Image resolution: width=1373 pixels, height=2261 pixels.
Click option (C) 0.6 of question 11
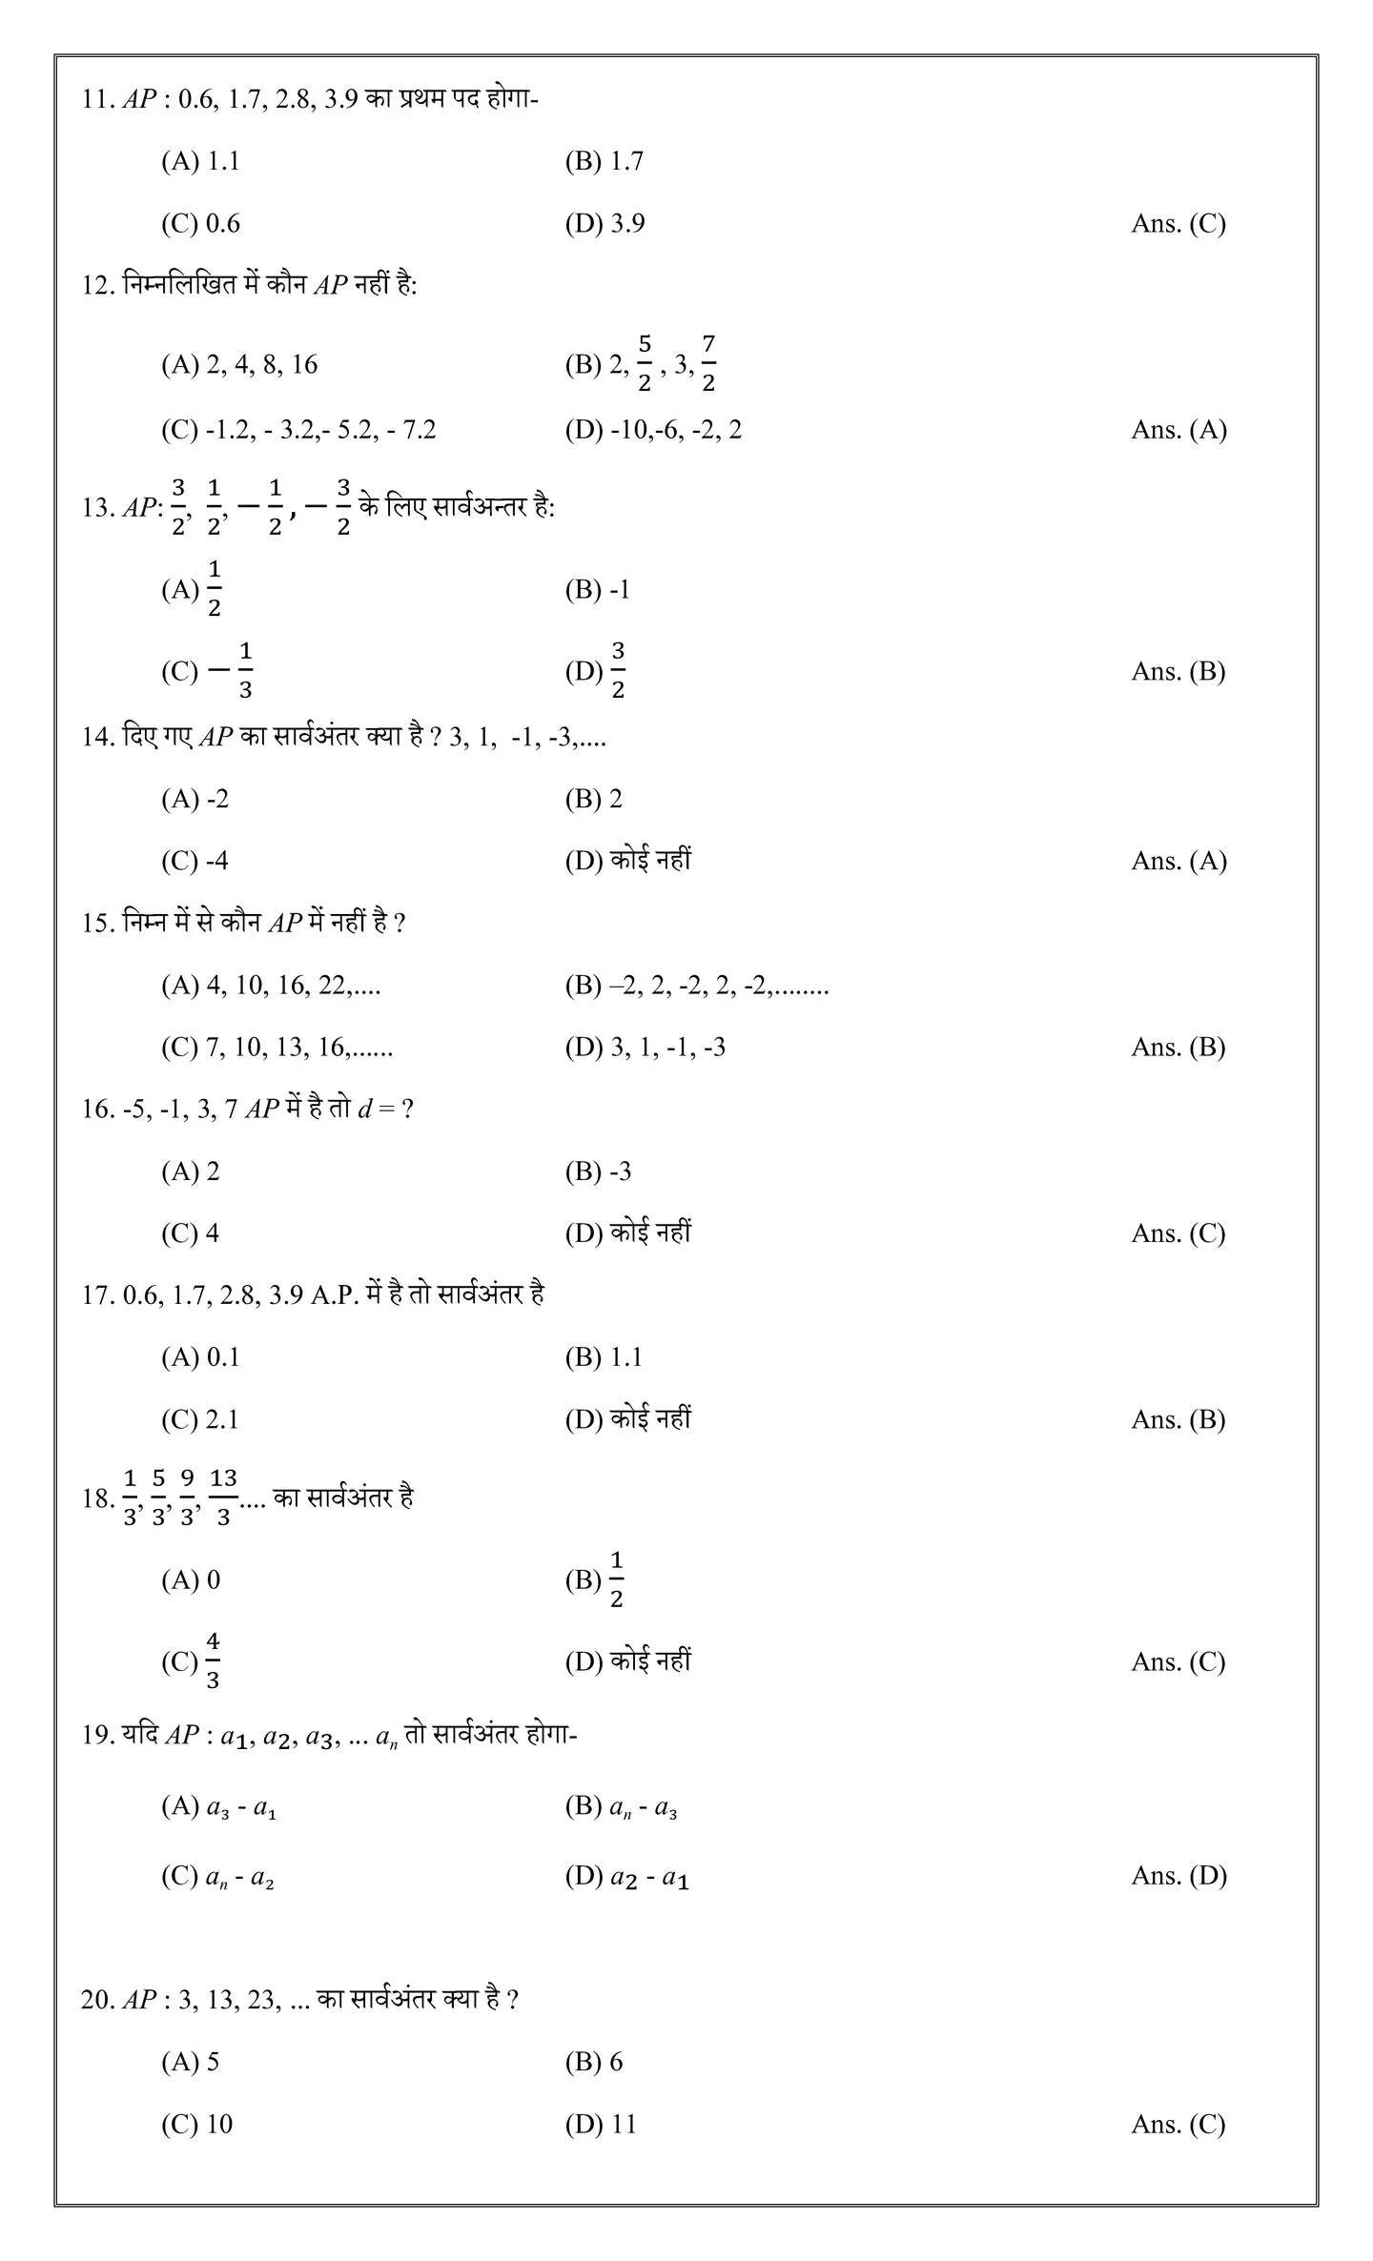tap(200, 224)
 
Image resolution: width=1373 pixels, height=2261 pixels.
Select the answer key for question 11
tap(1178, 224)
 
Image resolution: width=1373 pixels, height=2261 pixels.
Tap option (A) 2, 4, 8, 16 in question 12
tap(239, 364)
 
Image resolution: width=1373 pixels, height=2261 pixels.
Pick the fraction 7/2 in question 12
tap(708, 363)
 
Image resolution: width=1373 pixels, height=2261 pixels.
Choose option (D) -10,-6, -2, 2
tap(653, 430)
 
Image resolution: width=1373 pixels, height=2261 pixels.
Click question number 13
tap(97, 508)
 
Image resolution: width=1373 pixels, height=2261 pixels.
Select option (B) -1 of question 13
tap(598, 590)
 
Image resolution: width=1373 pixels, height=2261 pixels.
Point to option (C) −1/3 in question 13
tap(207, 671)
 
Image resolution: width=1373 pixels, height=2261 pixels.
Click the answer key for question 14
tap(1178, 862)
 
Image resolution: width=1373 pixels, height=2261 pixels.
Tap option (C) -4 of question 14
tap(195, 862)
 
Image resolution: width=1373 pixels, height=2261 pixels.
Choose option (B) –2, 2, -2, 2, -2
tap(696, 986)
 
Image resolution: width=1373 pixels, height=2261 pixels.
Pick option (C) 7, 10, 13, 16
tap(277, 1048)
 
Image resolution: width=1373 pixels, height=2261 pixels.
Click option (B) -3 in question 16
tap(598, 1171)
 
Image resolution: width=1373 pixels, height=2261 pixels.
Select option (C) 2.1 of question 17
tap(199, 1419)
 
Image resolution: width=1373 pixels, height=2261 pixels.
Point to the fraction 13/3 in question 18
tap(223, 1497)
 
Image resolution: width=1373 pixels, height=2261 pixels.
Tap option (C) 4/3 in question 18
tap(192, 1661)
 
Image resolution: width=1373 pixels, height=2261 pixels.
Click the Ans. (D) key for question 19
tap(1178, 1876)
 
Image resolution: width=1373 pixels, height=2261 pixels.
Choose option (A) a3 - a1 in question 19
tap(219, 1806)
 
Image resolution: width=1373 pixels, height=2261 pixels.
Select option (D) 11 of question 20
tap(601, 2124)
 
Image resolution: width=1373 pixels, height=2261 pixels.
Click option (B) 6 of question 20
tap(594, 2062)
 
